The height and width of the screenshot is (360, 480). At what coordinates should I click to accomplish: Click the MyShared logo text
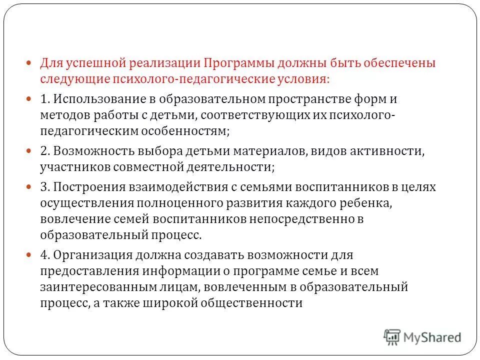point(432,337)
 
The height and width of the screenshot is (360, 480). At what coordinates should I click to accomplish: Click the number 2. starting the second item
point(45,151)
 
